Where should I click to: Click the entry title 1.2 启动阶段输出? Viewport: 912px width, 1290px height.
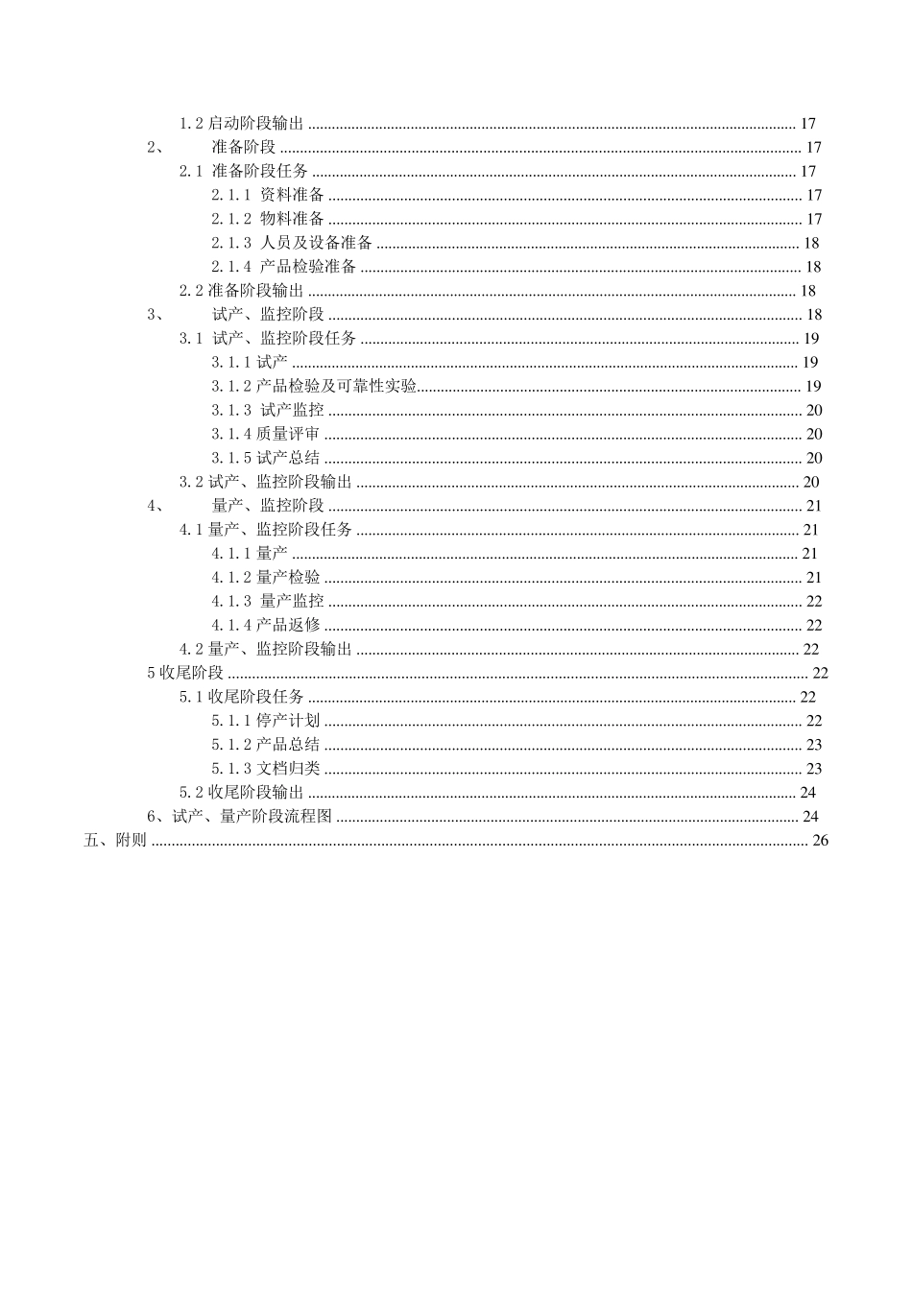pos(242,124)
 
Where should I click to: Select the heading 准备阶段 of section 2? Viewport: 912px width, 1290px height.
pos(244,148)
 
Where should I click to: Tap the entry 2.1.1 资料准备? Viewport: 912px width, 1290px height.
pos(268,196)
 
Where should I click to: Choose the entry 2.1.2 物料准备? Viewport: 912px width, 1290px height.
pos(268,220)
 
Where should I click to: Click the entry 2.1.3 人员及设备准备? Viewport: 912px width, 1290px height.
pos(292,244)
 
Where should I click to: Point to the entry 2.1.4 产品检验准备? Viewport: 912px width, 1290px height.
pos(284,268)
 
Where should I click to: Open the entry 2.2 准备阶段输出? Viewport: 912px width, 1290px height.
pos(242,291)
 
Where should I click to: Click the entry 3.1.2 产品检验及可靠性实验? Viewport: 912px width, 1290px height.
pos(315,387)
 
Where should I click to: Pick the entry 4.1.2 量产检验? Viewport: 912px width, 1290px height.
pos(266,578)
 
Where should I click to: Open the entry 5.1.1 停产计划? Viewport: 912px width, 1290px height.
pos(266,721)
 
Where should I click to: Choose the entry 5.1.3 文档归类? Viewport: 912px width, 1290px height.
pos(266,769)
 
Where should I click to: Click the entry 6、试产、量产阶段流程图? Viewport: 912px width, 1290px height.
pos(239,817)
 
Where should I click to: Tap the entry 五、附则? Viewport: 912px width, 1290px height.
pos(115,841)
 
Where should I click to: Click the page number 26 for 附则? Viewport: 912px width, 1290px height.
pos(820,841)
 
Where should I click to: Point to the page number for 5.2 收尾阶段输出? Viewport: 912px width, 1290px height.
pos(807,793)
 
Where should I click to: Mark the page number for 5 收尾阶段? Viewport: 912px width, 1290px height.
pos(820,673)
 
